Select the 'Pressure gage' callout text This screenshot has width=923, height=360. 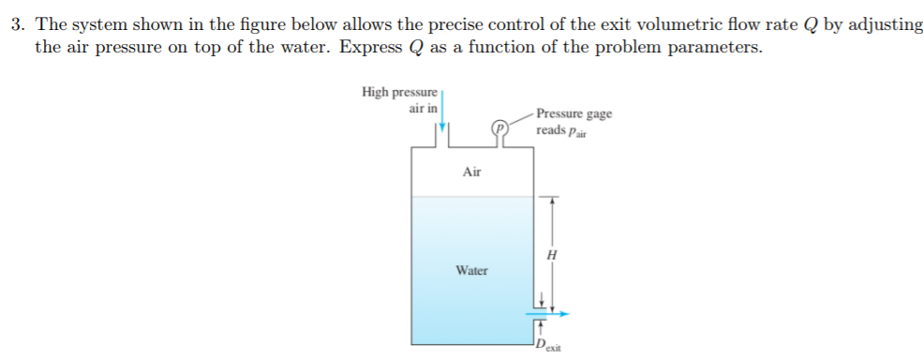pyautogui.click(x=574, y=113)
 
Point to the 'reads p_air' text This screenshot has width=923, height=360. pyautogui.click(x=561, y=129)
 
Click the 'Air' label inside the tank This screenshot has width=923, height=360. pyautogui.click(x=472, y=172)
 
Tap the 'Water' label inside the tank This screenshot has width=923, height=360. pyautogui.click(x=471, y=271)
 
